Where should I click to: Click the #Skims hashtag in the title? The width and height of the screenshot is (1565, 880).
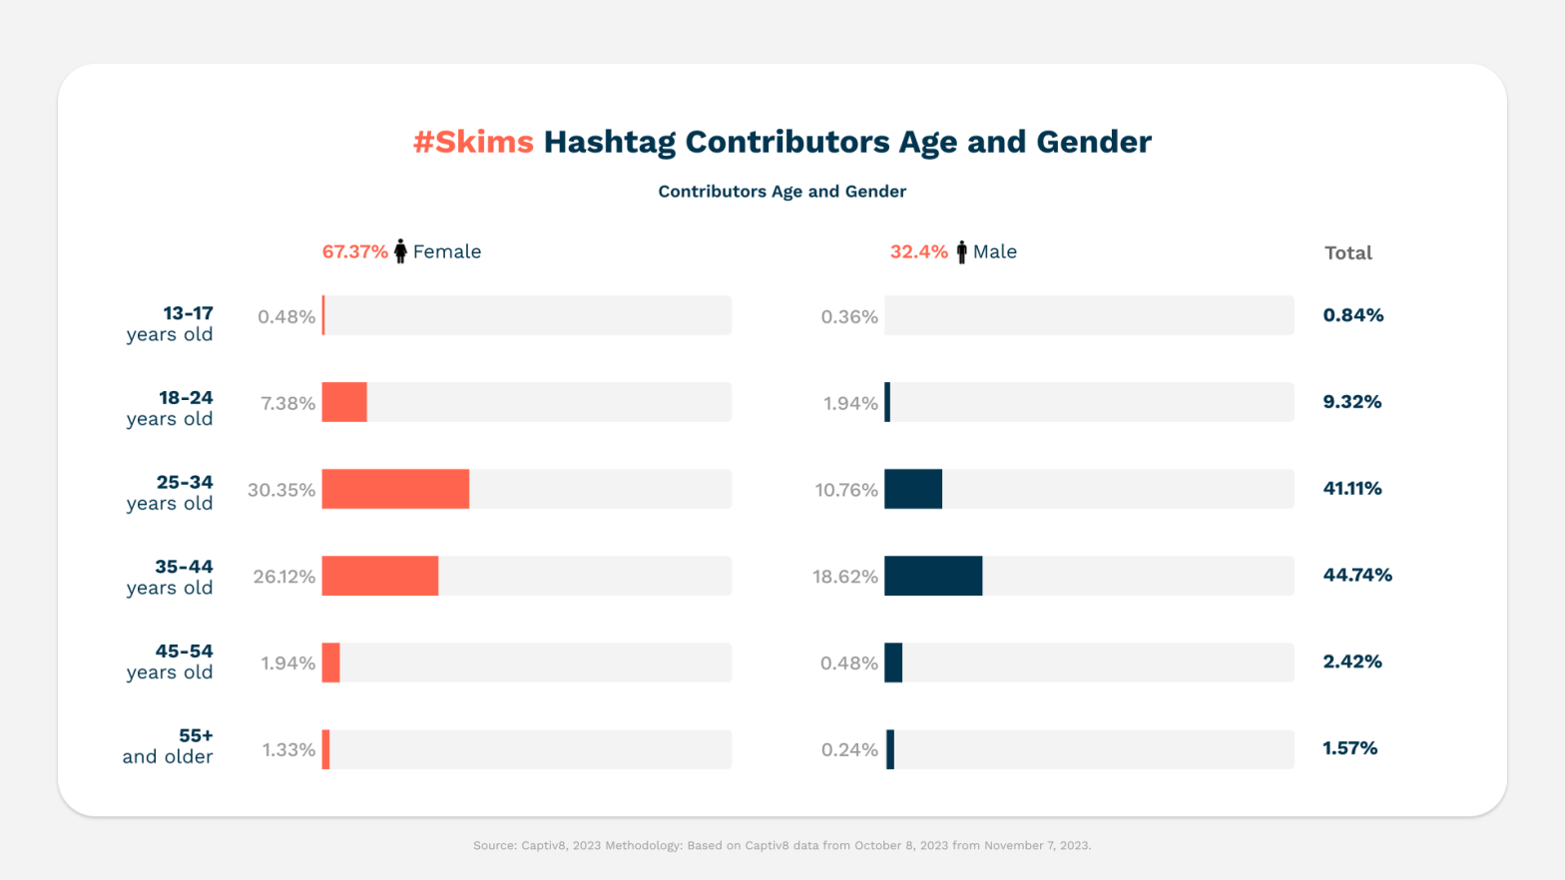[473, 142]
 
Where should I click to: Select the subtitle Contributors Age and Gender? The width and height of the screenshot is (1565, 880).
[782, 192]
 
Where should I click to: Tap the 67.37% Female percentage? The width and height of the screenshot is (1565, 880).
[354, 252]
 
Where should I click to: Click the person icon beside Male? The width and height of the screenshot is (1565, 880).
[961, 252]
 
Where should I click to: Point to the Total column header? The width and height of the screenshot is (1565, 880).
[1347, 253]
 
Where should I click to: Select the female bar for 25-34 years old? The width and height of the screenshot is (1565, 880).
[395, 489]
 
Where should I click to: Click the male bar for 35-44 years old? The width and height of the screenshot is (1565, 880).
[933, 576]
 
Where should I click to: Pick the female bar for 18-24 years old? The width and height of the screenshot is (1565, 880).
[344, 402]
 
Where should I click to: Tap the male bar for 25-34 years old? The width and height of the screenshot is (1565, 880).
[913, 489]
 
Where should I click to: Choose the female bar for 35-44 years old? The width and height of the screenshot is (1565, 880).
[380, 576]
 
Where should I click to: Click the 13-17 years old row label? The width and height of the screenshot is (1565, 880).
[171, 324]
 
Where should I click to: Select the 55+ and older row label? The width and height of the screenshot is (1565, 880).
[169, 746]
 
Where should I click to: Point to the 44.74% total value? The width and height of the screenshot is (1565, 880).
[1357, 575]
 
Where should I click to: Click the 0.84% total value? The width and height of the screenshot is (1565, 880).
[1352, 315]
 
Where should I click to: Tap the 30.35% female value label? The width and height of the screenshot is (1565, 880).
[281, 490]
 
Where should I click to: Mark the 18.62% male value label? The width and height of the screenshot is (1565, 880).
[844, 577]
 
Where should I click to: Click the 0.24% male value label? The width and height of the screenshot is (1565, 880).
[849, 750]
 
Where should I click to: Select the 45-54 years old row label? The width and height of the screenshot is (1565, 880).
[171, 661]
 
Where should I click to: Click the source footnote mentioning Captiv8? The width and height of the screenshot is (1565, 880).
[782, 845]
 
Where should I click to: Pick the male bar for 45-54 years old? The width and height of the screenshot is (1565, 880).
[893, 662]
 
